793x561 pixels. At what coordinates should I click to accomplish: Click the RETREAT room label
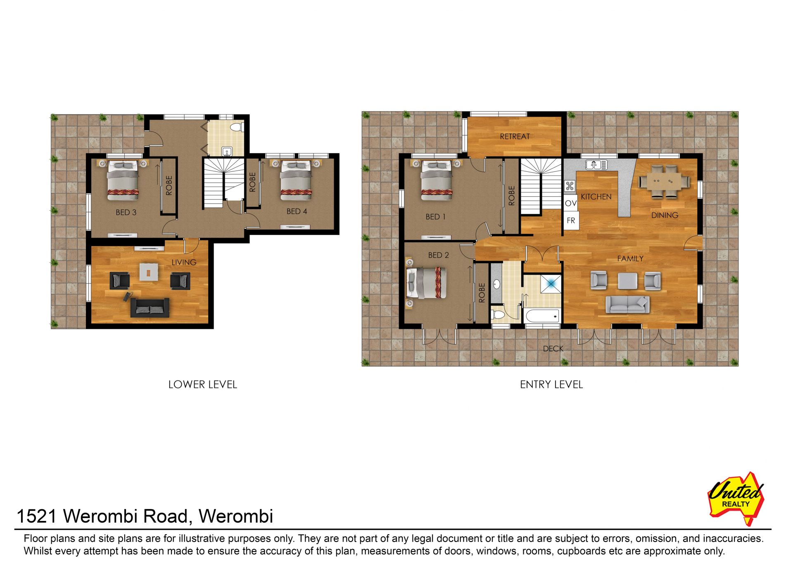tap(515, 136)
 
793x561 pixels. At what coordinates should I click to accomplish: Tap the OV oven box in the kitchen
tap(570, 203)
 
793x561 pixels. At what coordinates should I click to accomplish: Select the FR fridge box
tap(571, 221)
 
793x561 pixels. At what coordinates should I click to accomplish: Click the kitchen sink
tap(596, 164)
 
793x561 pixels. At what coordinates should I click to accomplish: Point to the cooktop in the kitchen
tap(570, 186)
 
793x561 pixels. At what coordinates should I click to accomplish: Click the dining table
tap(665, 181)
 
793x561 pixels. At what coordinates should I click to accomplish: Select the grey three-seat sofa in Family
tap(627, 304)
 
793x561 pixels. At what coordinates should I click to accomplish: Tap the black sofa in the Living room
tap(150, 307)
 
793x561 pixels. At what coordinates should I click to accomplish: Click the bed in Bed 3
tap(122, 181)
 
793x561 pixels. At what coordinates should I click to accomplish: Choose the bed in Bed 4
tap(296, 181)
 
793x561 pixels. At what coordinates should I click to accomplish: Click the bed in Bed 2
tap(427, 283)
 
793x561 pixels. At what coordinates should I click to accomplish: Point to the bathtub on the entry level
tap(542, 316)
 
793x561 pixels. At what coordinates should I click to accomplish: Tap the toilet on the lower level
tap(236, 126)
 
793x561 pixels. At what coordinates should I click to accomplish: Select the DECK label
tap(553, 349)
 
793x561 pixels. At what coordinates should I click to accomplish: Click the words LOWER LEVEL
tap(202, 385)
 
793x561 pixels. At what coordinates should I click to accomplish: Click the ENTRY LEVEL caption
tap(551, 385)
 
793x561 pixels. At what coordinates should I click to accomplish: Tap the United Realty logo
tap(736, 498)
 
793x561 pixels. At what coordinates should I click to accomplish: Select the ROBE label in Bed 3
tap(169, 185)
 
